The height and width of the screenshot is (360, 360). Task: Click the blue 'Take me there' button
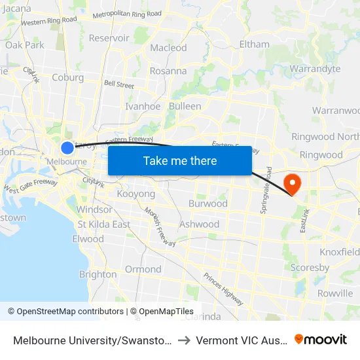click(x=180, y=160)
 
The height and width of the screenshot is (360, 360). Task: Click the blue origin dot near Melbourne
click(x=67, y=147)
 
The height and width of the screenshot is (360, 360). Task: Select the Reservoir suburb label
click(x=109, y=38)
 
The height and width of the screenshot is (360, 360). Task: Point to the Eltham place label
click(x=255, y=45)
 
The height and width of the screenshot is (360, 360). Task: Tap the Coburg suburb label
click(x=67, y=77)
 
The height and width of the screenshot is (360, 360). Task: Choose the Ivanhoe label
click(x=143, y=106)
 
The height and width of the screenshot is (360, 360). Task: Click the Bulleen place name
click(x=185, y=106)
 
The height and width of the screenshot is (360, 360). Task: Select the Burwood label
click(x=207, y=204)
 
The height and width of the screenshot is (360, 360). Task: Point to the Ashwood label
click(x=199, y=224)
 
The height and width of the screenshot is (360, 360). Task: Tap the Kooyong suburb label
click(x=135, y=194)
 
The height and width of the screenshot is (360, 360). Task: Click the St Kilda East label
click(x=103, y=224)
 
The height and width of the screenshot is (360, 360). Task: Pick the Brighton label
click(x=98, y=274)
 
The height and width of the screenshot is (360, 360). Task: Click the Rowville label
click(x=334, y=293)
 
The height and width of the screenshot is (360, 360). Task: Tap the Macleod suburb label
click(x=168, y=48)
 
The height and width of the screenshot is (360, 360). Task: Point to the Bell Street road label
click(x=118, y=85)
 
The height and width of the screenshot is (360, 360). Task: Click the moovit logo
click(x=321, y=339)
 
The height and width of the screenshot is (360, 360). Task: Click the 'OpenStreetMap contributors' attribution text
click(x=66, y=312)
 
